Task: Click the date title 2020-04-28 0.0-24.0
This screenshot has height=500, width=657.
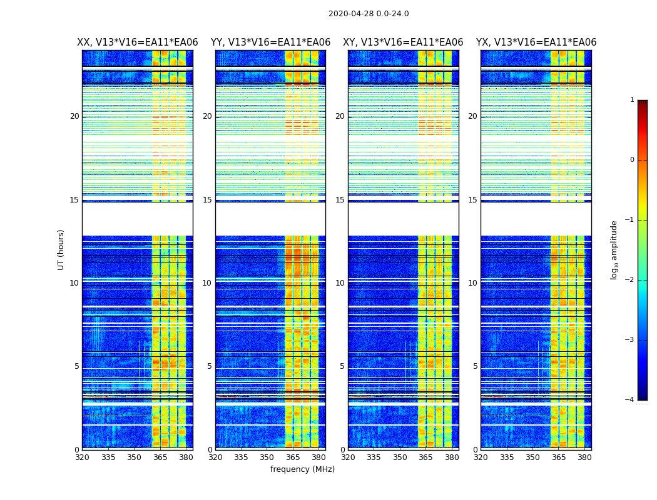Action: point(369,14)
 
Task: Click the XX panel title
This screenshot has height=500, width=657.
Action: point(138,42)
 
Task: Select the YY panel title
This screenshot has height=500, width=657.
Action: point(270,42)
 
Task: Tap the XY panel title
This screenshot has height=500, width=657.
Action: point(403,42)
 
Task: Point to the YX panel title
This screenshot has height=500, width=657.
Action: point(536,42)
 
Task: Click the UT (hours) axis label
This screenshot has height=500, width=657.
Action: point(61,249)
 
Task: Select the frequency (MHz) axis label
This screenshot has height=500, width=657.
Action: point(302,469)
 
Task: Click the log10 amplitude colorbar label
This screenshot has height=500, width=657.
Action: point(614,249)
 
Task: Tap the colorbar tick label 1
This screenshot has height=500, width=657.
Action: point(632,100)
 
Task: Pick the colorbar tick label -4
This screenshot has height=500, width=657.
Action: point(630,400)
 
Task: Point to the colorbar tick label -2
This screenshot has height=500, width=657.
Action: point(630,280)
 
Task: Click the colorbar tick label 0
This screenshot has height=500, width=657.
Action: point(632,160)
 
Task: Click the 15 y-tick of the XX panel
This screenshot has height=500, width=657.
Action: point(74,200)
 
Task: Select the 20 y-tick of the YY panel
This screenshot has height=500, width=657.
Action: point(207,116)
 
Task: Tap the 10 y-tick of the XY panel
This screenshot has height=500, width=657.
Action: point(340,283)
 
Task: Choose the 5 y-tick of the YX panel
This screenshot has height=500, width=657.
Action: point(476,366)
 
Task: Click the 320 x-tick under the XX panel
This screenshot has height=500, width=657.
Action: point(82,457)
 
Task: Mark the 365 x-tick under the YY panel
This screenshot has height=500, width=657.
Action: point(293,457)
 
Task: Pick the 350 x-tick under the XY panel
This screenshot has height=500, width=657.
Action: point(400,457)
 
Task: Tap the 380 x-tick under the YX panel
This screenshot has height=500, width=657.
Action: point(584,457)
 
